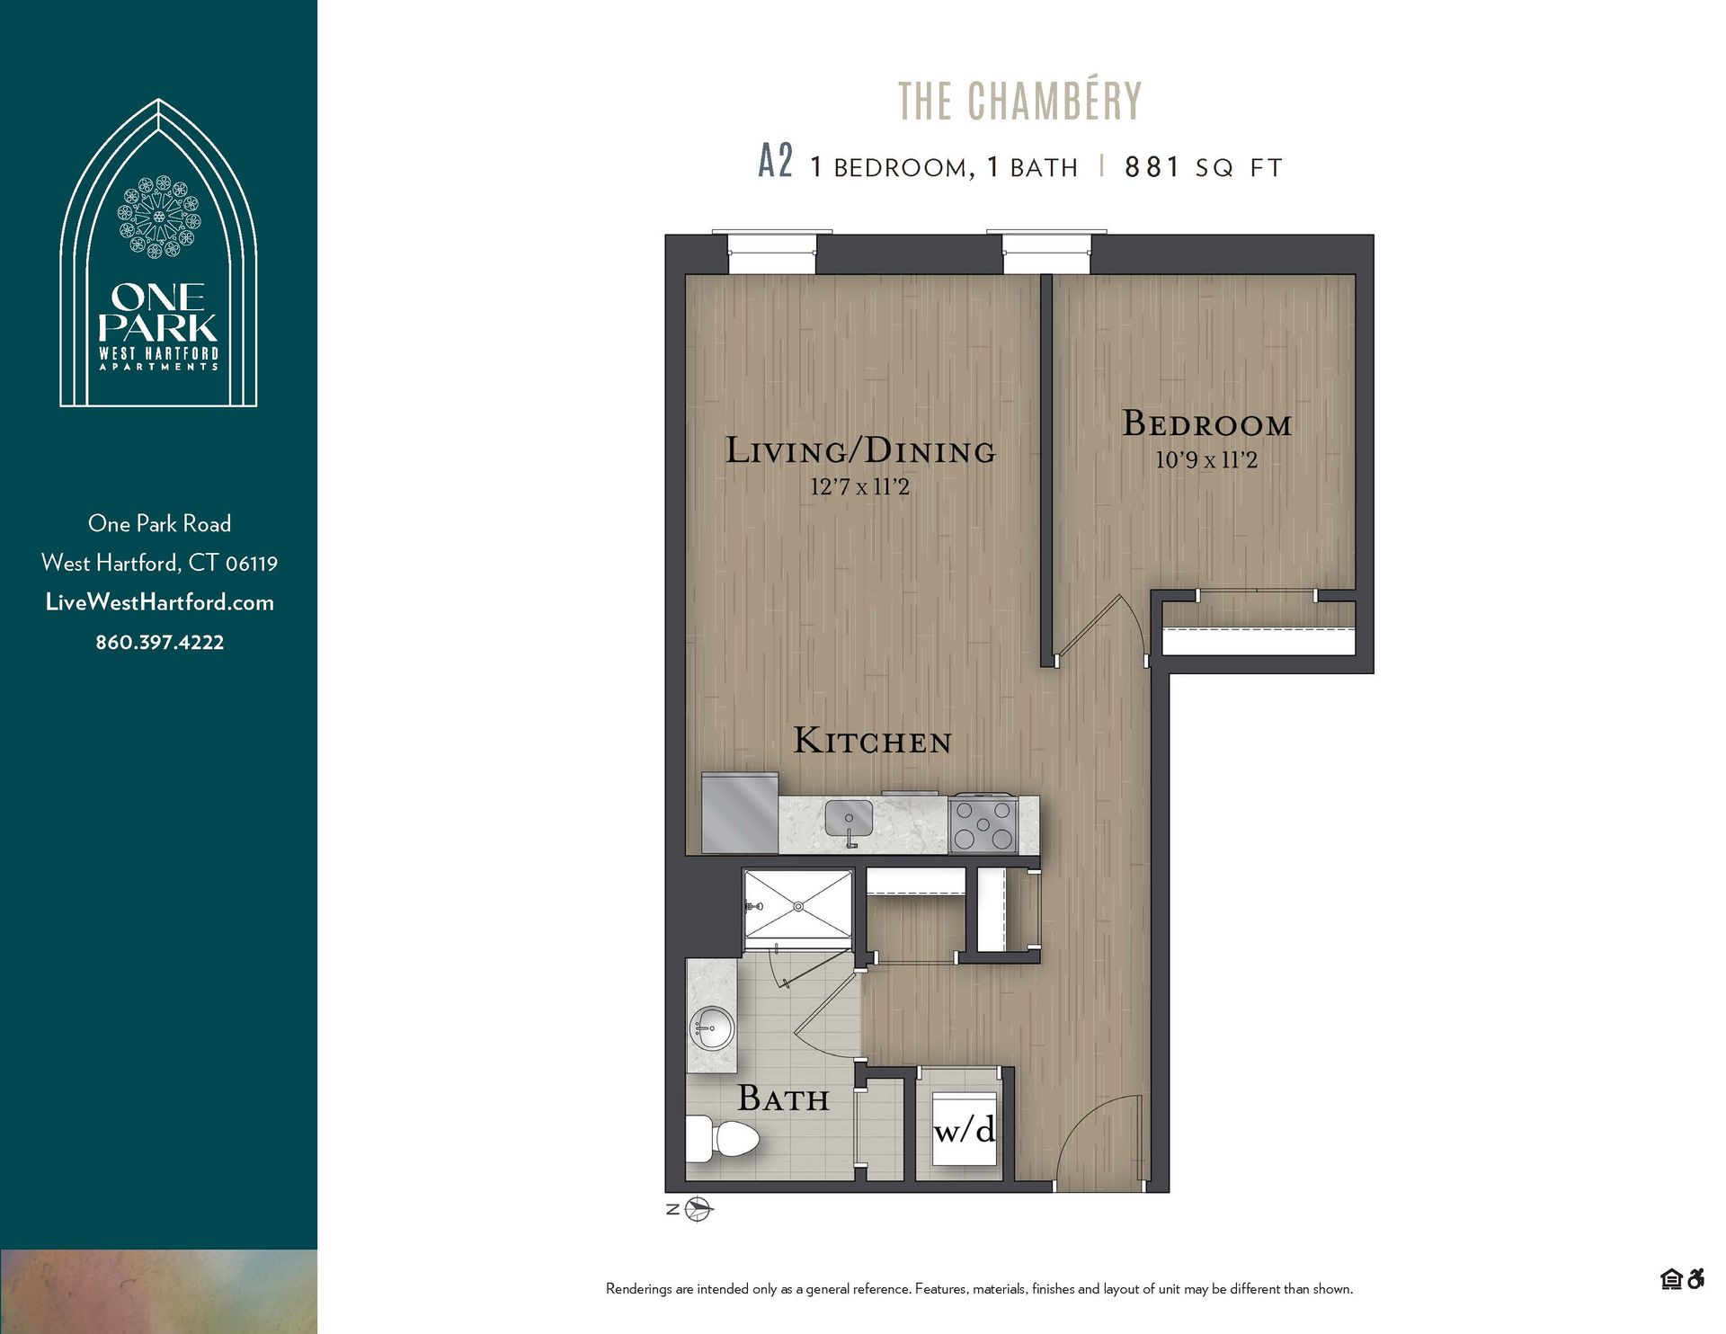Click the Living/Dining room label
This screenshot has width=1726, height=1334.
tap(860, 450)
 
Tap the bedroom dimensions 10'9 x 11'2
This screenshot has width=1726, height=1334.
tap(1206, 460)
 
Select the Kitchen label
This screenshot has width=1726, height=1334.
tap(872, 742)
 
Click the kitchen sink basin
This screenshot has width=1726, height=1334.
tap(849, 819)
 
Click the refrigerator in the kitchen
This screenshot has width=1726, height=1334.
tap(739, 814)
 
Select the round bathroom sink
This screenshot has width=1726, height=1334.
tap(713, 1027)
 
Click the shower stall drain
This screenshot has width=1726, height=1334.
tap(797, 907)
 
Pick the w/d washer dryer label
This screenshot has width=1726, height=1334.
tap(965, 1129)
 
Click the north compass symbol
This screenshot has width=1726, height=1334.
tap(698, 1209)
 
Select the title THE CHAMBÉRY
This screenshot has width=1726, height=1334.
tap(1019, 101)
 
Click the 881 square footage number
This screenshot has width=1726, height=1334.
tap(1152, 167)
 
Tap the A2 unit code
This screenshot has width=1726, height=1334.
tap(775, 163)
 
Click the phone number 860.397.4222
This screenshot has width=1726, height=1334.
tap(159, 642)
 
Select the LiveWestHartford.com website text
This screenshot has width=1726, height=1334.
tap(159, 602)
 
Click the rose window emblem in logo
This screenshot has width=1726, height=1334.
tap(159, 217)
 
